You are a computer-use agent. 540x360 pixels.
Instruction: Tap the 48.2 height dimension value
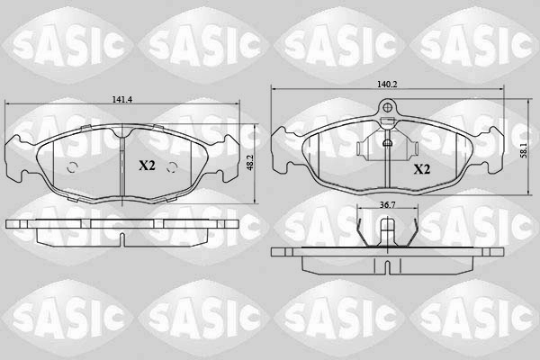(x=251, y=162)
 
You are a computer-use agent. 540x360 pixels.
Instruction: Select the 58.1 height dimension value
(x=524, y=151)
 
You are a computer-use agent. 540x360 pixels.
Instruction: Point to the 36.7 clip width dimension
(x=387, y=204)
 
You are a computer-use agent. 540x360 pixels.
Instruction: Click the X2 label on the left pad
(x=147, y=166)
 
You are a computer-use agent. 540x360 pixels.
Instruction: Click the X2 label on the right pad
(x=421, y=169)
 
